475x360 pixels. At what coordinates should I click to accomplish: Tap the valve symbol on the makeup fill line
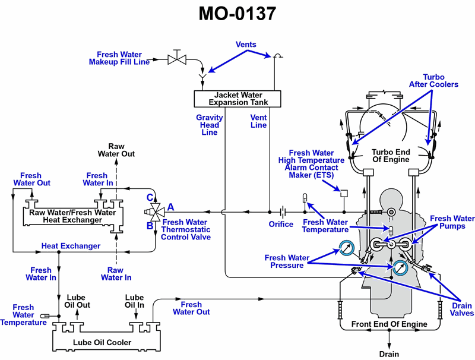pyautogui.click(x=176, y=59)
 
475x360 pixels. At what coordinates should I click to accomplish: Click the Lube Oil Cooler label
pyautogui.click(x=102, y=342)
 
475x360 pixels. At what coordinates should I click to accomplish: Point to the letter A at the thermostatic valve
pyautogui.click(x=170, y=207)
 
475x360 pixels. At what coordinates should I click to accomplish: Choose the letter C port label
pyautogui.click(x=151, y=197)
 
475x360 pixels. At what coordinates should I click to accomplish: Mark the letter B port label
pyautogui.click(x=151, y=225)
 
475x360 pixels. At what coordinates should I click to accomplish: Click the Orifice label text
pyautogui.click(x=281, y=224)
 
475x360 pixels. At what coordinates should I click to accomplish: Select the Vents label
pyautogui.click(x=246, y=45)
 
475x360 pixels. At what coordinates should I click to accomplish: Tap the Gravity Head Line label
pyautogui.click(x=210, y=125)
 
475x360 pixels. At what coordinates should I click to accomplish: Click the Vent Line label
pyautogui.click(x=258, y=121)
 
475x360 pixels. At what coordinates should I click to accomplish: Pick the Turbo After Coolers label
pyautogui.click(x=433, y=81)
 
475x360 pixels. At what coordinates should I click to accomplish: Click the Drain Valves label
pyautogui.click(x=461, y=310)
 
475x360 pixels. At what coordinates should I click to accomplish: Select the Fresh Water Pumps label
pyautogui.click(x=452, y=223)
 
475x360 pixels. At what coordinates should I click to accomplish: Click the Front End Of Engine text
pyautogui.click(x=389, y=324)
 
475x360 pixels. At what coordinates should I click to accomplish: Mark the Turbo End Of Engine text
pyautogui.click(x=390, y=156)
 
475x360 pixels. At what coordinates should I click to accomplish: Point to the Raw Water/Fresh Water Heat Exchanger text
pyautogui.click(x=72, y=216)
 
